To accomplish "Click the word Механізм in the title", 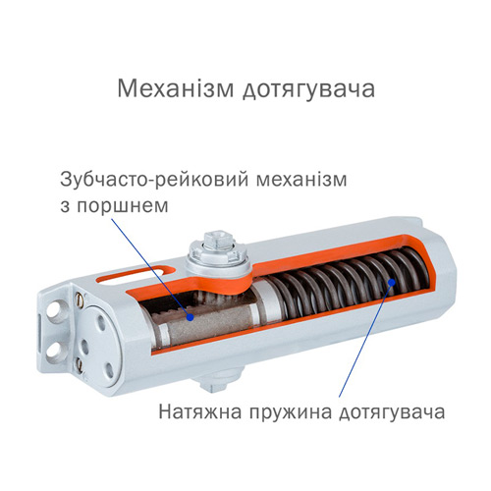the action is [176, 88].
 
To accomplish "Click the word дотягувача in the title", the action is [308, 90].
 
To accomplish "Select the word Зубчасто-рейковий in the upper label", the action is [154, 180].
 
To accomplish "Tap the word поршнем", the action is [123, 206].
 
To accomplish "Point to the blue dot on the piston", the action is [190, 316].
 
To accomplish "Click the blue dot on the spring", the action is [391, 282].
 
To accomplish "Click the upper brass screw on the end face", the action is [79, 300].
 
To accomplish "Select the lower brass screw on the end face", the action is [79, 363].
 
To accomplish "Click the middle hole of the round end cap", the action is [84, 346].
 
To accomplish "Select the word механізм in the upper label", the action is [301, 180].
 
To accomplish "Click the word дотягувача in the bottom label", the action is [392, 413].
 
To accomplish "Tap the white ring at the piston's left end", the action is [163, 334].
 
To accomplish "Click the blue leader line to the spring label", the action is [365, 340].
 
